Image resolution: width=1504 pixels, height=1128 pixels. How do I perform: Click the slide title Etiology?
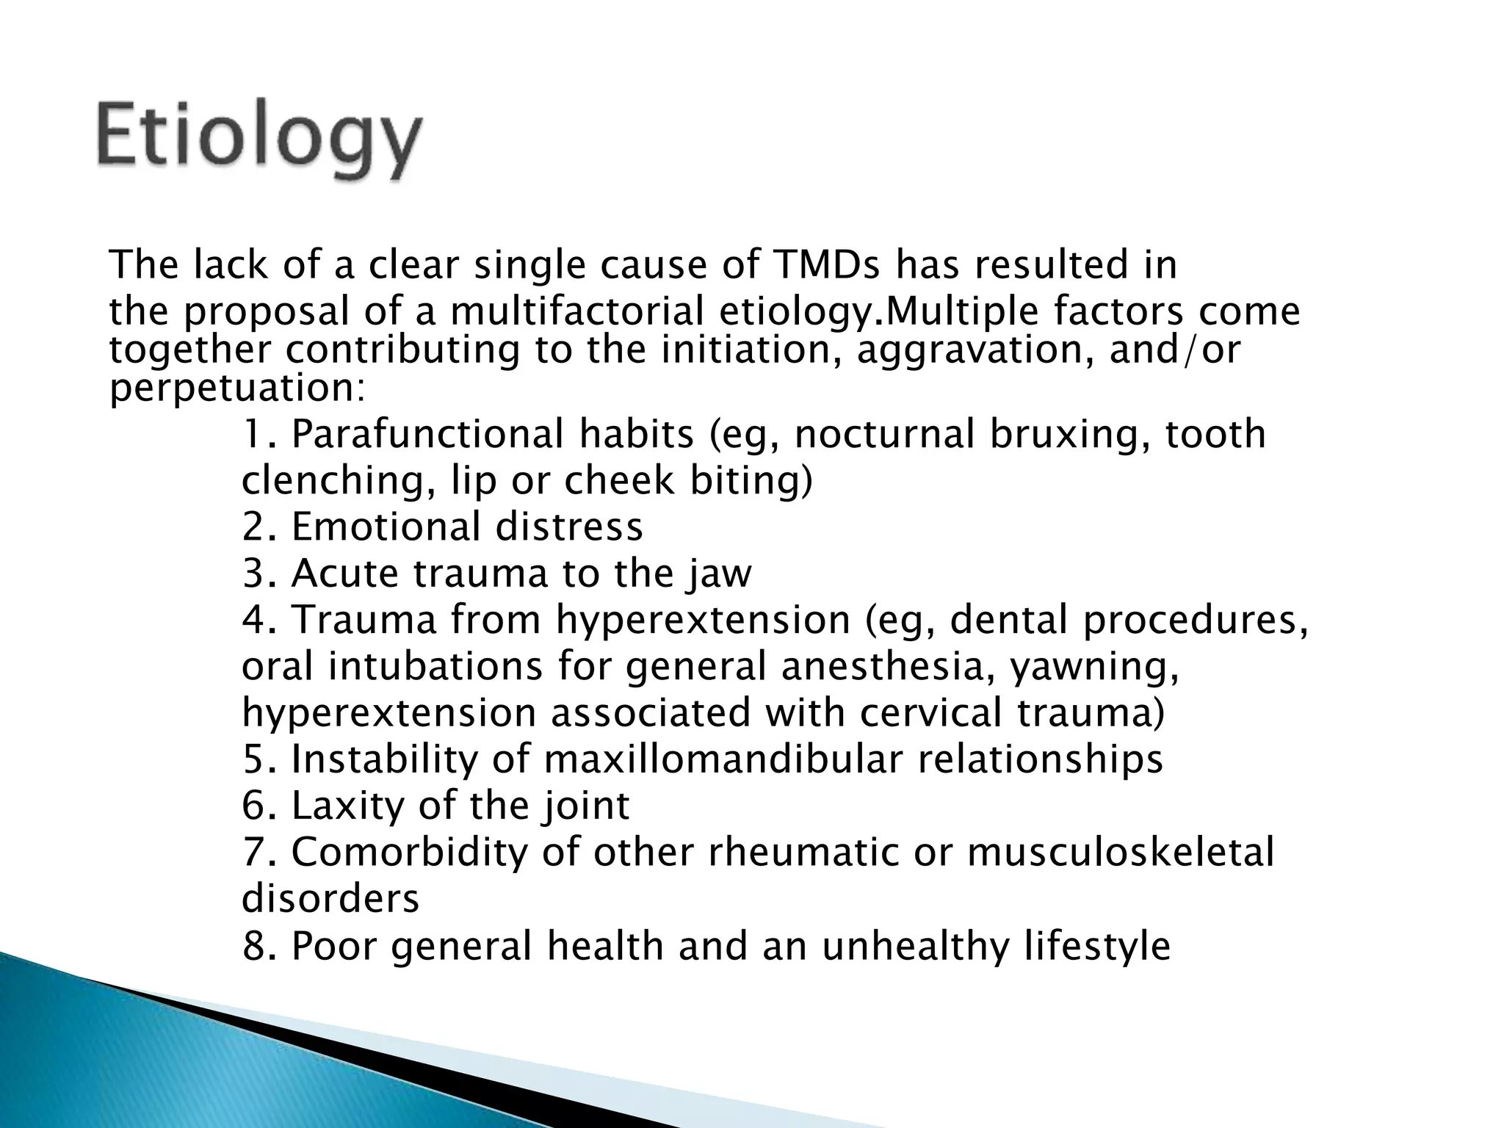(x=258, y=140)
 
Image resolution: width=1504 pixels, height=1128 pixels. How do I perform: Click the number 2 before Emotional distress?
(x=253, y=527)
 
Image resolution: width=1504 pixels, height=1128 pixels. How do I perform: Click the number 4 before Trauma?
(x=253, y=620)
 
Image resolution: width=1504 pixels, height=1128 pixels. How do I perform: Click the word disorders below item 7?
(x=330, y=899)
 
